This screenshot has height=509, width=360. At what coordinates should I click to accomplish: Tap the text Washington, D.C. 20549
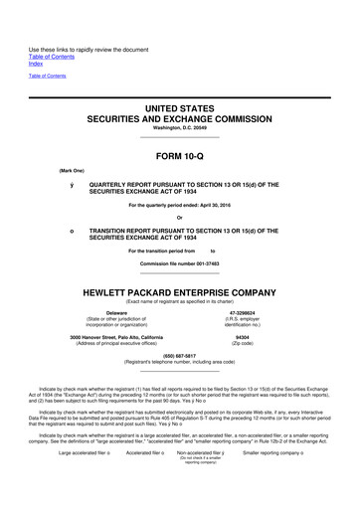180,126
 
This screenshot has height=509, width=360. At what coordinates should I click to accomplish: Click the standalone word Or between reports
180,219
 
